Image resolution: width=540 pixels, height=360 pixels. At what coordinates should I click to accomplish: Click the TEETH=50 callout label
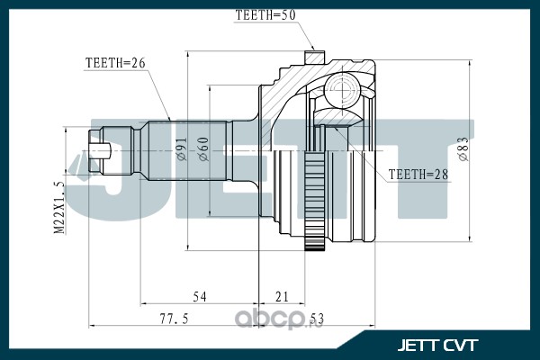click(265, 15)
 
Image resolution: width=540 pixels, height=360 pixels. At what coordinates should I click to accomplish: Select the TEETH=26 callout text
click(115, 63)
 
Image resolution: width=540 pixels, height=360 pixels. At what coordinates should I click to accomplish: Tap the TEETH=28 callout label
click(418, 175)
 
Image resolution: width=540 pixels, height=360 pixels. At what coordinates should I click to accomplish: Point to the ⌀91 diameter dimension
click(182, 148)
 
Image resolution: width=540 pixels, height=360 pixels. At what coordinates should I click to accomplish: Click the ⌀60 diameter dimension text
click(203, 148)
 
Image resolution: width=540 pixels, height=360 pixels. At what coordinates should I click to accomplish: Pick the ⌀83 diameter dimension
click(463, 148)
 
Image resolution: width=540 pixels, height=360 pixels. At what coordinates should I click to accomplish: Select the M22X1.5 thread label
click(58, 208)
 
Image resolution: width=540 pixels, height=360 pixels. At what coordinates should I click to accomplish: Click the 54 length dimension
click(200, 297)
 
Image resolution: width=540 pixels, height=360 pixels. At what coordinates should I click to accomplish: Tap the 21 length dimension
click(282, 297)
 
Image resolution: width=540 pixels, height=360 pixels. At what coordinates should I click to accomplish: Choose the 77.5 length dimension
click(175, 319)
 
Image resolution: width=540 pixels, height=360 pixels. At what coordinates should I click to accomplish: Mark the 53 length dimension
click(317, 319)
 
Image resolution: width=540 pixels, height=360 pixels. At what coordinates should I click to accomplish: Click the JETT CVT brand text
click(437, 346)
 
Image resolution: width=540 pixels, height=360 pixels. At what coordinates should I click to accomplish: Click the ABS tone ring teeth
click(315, 201)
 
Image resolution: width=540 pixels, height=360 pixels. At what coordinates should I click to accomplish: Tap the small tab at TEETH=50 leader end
click(315, 58)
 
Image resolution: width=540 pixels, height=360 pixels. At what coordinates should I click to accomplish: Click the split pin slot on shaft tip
click(100, 151)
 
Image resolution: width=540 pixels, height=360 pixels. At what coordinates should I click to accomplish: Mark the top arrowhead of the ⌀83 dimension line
click(470, 64)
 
